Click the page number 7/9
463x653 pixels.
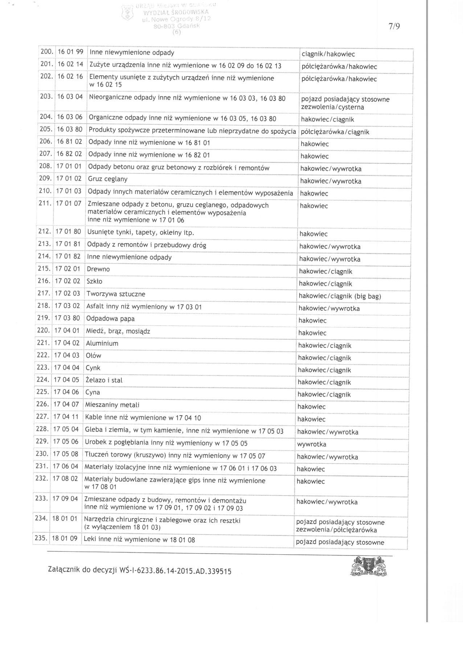[x=394, y=26]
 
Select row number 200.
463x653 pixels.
[x=47, y=52]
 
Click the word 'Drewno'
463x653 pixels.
[x=98, y=269]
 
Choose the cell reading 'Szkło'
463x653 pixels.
[x=94, y=281]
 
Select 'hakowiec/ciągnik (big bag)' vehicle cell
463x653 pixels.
[x=340, y=296]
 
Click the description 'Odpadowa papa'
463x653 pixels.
[x=110, y=319]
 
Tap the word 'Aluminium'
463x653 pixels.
[x=102, y=343]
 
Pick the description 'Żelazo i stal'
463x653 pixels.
[x=104, y=380]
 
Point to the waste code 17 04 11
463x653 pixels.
[x=66, y=417]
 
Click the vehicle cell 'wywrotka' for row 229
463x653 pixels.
[x=311, y=444]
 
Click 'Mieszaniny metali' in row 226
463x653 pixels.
[x=112, y=405]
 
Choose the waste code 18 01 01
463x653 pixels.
[x=65, y=518]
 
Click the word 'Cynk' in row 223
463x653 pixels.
[x=93, y=368]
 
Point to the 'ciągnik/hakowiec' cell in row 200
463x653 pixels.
[x=328, y=54]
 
